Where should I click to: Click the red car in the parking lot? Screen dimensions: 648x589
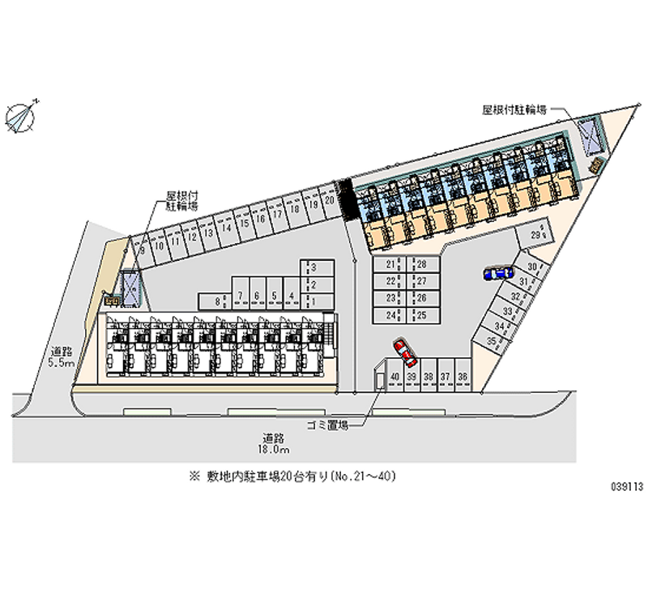[403, 351]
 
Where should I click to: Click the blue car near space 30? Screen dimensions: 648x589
[497, 273]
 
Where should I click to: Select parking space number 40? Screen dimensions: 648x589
[394, 377]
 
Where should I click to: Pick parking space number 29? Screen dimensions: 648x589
[535, 235]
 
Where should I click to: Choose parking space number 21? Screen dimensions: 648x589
[391, 265]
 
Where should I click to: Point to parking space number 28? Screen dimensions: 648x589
[421, 265]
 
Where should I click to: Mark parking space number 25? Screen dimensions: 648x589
[421, 314]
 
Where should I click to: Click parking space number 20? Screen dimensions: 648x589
[329, 198]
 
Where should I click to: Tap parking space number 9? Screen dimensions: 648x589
[143, 250]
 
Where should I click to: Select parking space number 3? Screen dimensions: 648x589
[313, 267]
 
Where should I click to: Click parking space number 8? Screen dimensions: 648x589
[219, 301]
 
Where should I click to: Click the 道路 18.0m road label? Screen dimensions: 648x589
[272, 442]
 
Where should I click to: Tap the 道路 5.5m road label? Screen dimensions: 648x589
[62, 357]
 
